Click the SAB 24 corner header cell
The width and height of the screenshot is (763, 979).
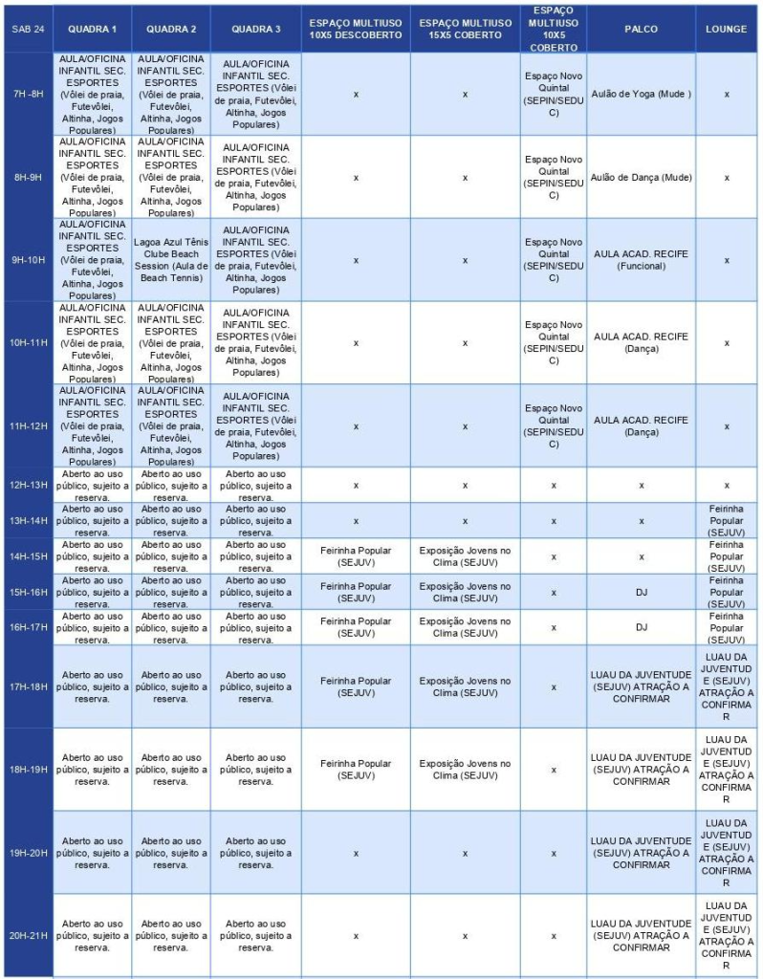(x=27, y=29)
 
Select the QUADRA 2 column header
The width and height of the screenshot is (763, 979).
(x=171, y=29)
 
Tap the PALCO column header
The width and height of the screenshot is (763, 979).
(x=641, y=29)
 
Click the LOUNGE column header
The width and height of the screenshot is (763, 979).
(x=726, y=29)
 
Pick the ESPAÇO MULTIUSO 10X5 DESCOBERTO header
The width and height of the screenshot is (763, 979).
(x=356, y=29)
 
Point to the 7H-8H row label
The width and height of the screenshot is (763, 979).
(x=27, y=94)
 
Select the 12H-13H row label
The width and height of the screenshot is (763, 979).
(x=27, y=485)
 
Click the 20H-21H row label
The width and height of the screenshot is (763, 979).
(x=27, y=935)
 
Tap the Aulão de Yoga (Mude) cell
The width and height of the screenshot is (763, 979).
(x=641, y=94)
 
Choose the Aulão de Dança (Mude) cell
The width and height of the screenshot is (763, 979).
(x=641, y=177)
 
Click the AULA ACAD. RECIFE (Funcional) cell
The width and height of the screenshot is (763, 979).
(x=641, y=260)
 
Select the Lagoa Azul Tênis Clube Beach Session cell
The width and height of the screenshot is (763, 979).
(x=171, y=260)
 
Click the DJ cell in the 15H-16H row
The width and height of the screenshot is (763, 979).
(x=641, y=592)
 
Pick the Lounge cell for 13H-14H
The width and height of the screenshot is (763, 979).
(x=726, y=520)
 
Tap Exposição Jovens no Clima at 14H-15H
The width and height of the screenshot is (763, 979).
(x=465, y=555)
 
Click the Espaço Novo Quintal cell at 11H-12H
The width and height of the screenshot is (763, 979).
(x=554, y=426)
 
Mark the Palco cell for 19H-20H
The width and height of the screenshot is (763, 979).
(x=641, y=852)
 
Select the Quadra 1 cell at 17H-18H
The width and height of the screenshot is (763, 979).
(x=92, y=686)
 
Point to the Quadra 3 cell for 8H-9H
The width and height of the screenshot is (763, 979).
(x=255, y=177)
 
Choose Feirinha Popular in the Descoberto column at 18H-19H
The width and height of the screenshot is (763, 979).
(x=356, y=769)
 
